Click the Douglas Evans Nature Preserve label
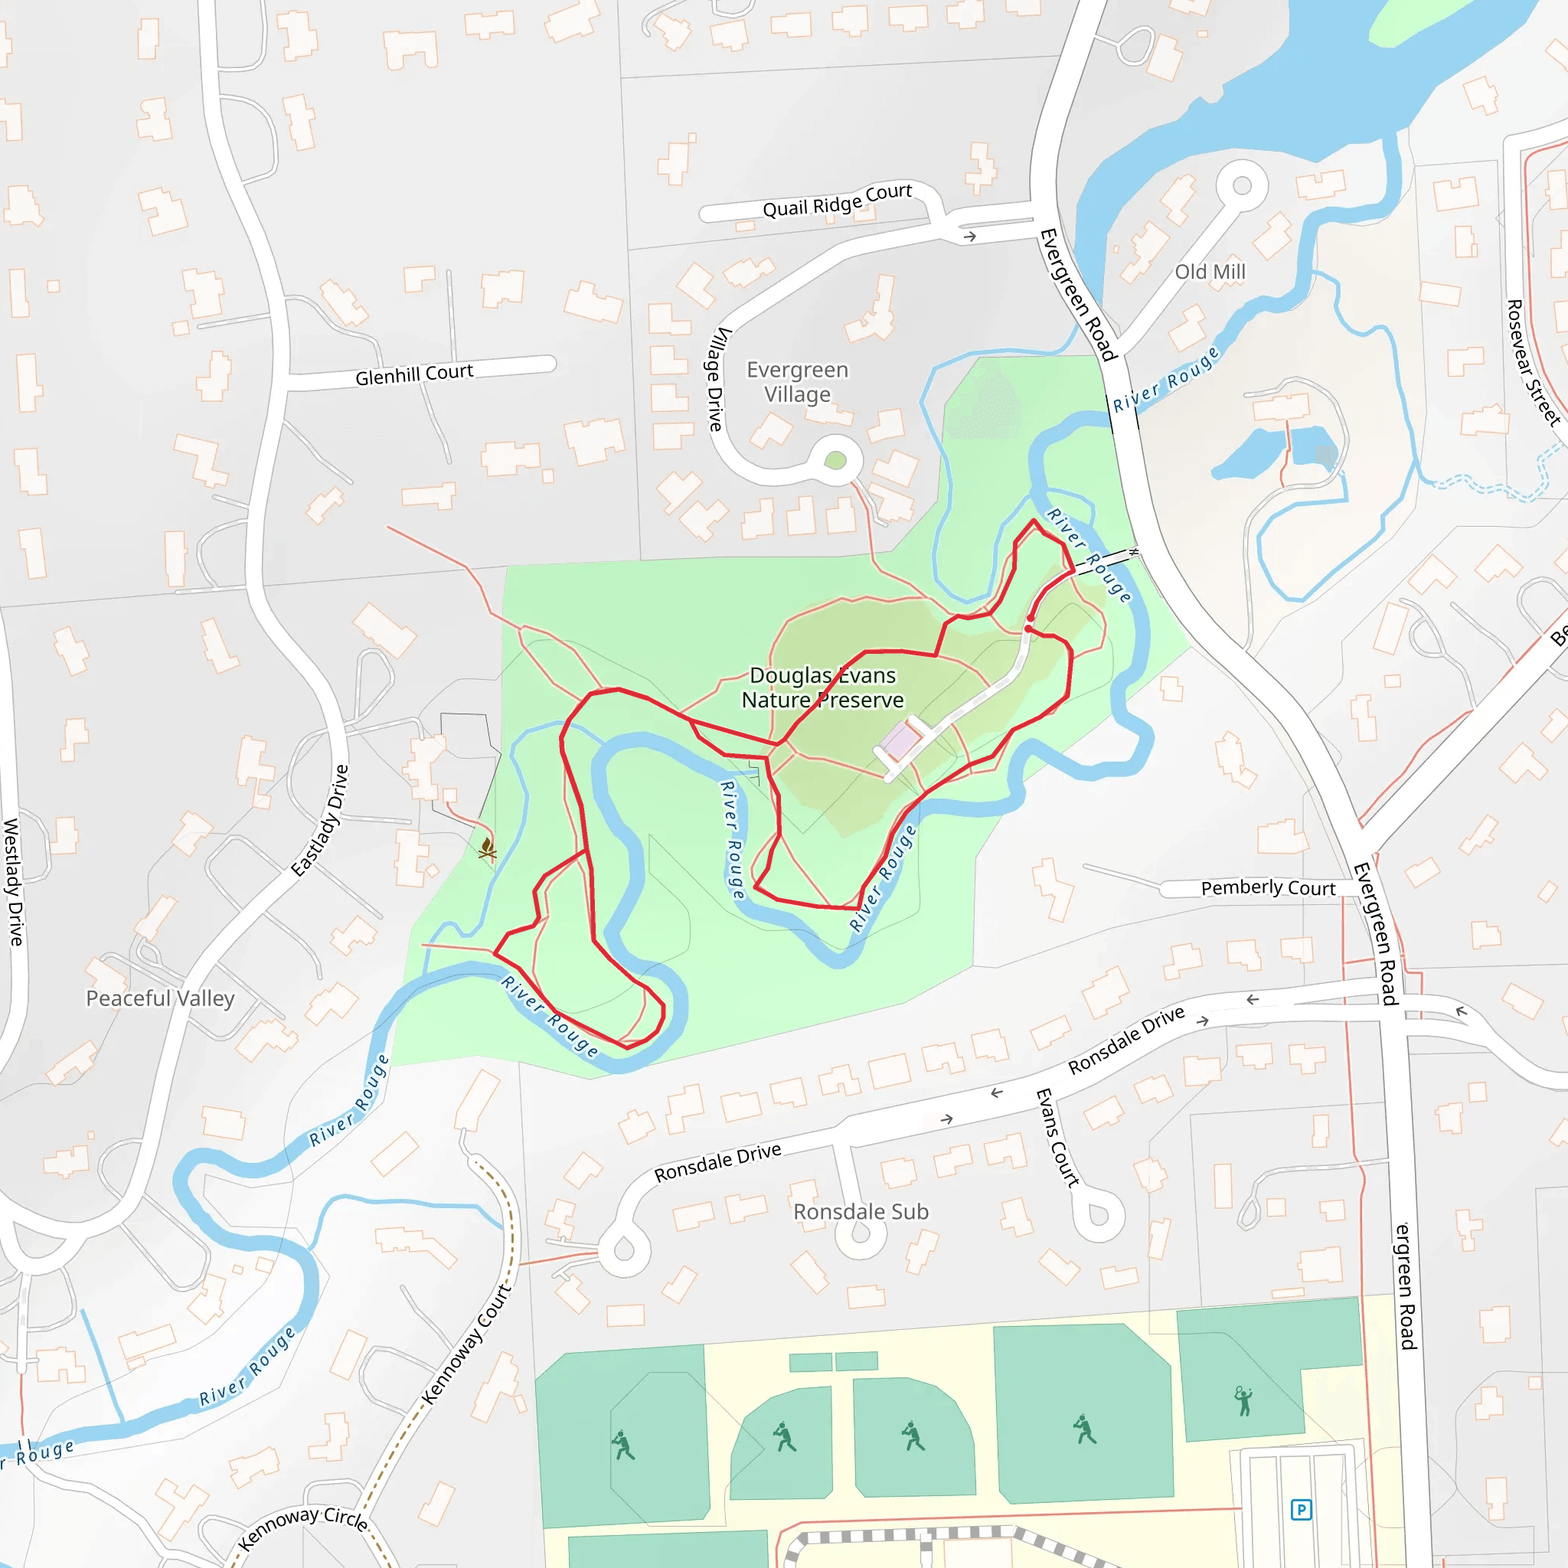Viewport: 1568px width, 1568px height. click(822, 688)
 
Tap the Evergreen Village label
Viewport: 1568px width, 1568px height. click(797, 382)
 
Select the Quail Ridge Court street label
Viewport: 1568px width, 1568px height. click(837, 201)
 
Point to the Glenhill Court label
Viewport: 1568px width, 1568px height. click(414, 374)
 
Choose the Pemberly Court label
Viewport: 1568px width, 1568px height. click(1268, 888)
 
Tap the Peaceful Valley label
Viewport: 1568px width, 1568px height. click(160, 998)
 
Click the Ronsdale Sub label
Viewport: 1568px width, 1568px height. click(861, 1212)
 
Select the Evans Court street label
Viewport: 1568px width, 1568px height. click(1057, 1138)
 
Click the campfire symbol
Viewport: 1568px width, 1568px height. click(487, 849)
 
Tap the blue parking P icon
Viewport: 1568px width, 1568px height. click(1301, 1510)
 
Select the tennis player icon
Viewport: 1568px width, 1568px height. click(1243, 1401)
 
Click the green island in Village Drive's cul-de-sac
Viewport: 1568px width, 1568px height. click(835, 461)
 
